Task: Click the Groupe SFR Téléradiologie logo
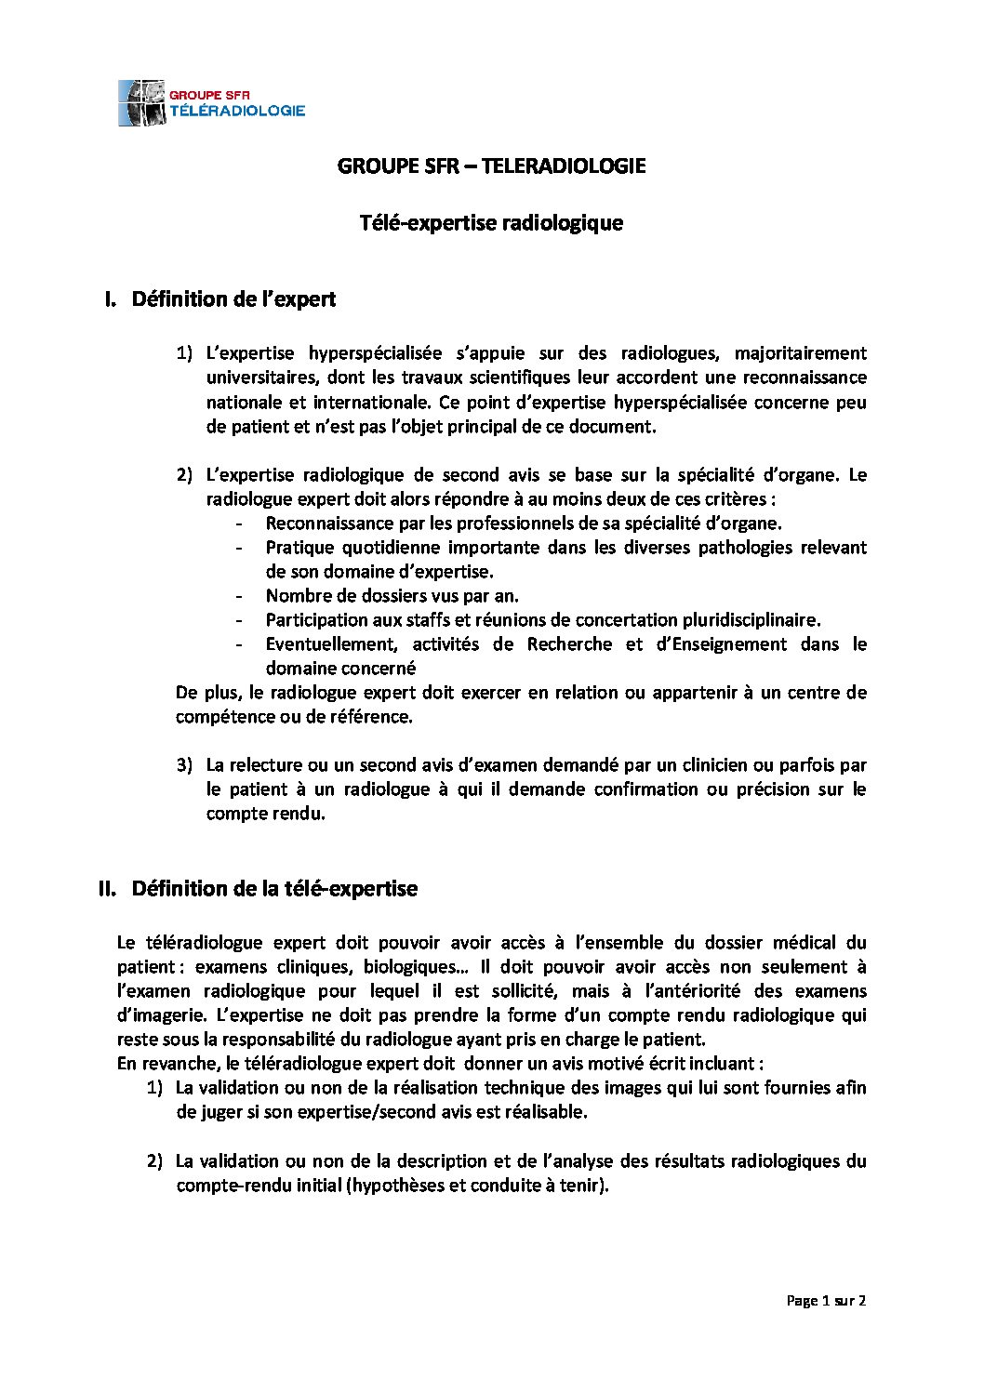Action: point(212,102)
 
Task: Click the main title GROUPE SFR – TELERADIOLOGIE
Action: point(491,166)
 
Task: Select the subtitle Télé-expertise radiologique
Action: point(491,223)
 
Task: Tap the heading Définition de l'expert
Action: point(233,299)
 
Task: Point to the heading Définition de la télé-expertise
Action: point(274,889)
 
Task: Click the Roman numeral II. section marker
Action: point(107,889)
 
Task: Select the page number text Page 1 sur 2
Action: point(826,1301)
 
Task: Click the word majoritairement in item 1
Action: point(800,353)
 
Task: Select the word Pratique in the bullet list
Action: point(299,548)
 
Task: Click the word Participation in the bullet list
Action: point(316,620)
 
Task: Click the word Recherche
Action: point(569,644)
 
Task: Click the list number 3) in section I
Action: point(184,765)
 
